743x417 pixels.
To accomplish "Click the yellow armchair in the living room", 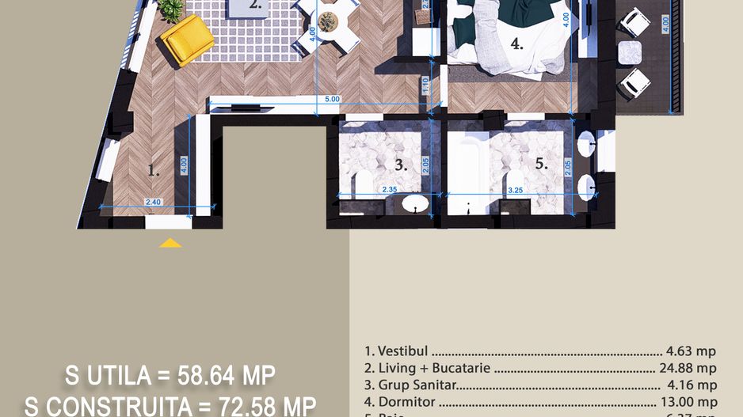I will coord(187,39).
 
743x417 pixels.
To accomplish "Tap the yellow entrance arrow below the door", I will coord(170,243).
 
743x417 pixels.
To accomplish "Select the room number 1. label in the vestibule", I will coord(154,169).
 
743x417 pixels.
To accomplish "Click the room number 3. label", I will coord(401,165).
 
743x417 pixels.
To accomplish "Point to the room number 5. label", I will coord(542,165).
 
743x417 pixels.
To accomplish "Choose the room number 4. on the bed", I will coord(517,45).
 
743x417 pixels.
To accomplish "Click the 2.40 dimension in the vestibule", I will coord(154,203).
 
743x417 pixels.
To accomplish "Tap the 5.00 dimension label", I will coord(332,99).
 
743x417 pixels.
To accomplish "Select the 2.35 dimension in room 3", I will coord(390,190).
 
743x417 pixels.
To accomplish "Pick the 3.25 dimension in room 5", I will coord(515,190).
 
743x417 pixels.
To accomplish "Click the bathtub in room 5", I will coord(467,169).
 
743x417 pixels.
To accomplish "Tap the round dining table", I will coord(328,21).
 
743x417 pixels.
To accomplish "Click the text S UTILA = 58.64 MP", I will coord(170,374).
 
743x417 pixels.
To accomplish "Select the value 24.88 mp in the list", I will coord(688,368).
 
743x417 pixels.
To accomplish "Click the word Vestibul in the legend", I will coord(404,351).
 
